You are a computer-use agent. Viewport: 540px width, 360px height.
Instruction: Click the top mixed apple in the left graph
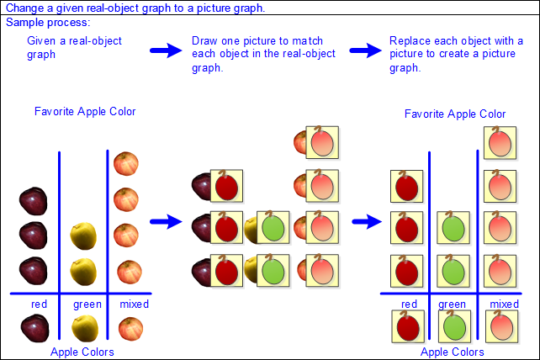coord(126,164)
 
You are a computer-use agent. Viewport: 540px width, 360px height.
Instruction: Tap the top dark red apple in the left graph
coord(34,201)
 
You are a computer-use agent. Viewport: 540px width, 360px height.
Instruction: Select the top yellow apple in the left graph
coord(83,236)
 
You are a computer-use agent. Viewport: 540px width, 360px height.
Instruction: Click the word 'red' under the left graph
coord(39,304)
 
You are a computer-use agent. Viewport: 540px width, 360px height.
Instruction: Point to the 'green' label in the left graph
coord(87,304)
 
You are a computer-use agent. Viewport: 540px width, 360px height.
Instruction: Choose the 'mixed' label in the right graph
coord(504,304)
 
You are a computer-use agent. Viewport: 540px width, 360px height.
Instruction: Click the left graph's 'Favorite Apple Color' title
coord(85,112)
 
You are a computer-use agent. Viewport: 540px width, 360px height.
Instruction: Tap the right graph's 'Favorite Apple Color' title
coord(455,114)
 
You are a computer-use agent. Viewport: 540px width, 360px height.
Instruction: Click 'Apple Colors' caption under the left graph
coord(82,352)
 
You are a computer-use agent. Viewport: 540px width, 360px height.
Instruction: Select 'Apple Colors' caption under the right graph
coord(453,352)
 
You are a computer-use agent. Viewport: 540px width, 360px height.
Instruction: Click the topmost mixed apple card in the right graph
coord(500,143)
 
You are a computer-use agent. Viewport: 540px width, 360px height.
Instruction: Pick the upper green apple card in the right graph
coord(453,228)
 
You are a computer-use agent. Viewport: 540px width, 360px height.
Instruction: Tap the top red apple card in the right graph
coord(407,187)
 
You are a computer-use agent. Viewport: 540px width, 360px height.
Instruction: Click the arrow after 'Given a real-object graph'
coord(166,50)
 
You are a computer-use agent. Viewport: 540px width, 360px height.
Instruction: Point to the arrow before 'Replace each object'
coord(365,50)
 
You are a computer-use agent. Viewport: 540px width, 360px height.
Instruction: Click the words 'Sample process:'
coord(48,23)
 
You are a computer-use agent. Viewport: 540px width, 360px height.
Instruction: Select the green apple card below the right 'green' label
coord(454,326)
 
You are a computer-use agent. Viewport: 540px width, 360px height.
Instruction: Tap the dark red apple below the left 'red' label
coord(34,329)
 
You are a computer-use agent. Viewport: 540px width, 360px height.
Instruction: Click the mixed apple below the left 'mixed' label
coord(130,329)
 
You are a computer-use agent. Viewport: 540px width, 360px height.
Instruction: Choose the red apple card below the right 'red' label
coord(408,326)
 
